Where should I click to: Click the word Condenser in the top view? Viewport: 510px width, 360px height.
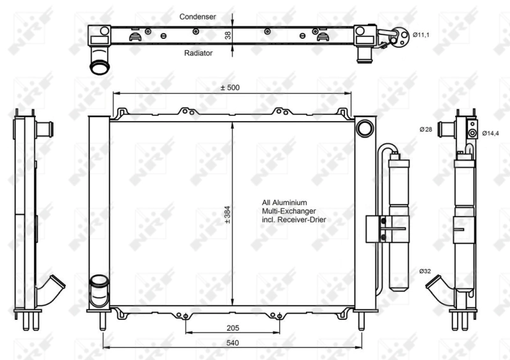(x=198, y=16)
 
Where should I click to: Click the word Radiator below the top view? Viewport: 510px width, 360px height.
(x=198, y=54)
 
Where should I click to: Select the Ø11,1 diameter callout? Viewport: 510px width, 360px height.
(x=421, y=35)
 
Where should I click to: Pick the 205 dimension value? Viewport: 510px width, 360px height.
(x=232, y=328)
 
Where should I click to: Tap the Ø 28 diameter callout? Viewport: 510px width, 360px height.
(x=426, y=130)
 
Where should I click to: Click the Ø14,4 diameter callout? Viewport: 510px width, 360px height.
(x=491, y=133)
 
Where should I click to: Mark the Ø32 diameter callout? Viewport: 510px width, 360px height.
(x=426, y=271)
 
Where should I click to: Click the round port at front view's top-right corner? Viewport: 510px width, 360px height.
(x=365, y=128)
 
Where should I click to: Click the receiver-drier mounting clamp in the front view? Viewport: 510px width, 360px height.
(x=381, y=229)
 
